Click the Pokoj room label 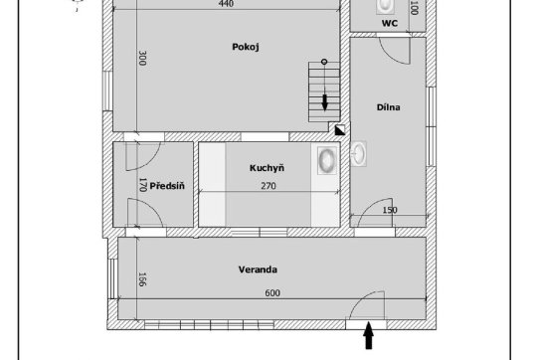click(x=246, y=47)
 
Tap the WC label click(x=390, y=24)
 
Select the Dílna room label click(x=389, y=107)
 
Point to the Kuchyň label click(x=267, y=168)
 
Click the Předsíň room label click(x=167, y=186)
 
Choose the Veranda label click(x=258, y=270)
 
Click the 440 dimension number click(x=226, y=4)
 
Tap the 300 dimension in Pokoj click(x=142, y=58)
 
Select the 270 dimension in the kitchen click(x=269, y=186)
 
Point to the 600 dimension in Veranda click(x=272, y=293)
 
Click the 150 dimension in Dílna click(x=390, y=210)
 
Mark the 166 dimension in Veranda click(x=142, y=279)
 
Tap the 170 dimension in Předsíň click(x=142, y=185)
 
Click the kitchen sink click(x=327, y=160)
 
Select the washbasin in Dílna click(x=359, y=154)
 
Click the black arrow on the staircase click(x=324, y=103)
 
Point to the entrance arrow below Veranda click(x=369, y=335)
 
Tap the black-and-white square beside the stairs click(x=340, y=130)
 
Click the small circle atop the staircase click(x=324, y=62)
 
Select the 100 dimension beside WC click(x=415, y=8)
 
